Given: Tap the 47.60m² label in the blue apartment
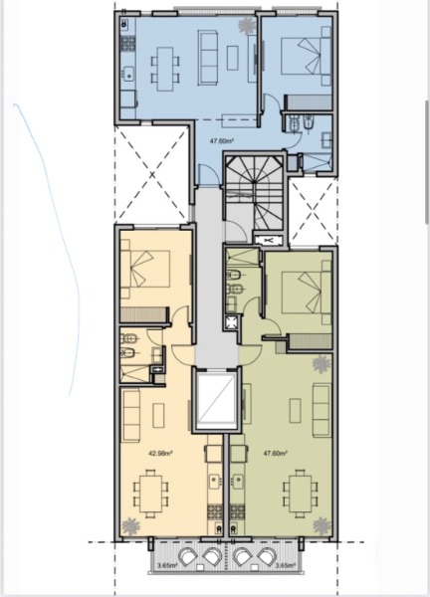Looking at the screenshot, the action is pyautogui.click(x=222, y=140).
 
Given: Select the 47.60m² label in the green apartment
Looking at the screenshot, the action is pyautogui.click(x=276, y=453).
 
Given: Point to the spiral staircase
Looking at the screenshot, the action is pyautogui.click(x=254, y=192).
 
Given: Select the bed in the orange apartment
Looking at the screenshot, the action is pyautogui.click(x=145, y=269).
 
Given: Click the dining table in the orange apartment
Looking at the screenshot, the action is pyautogui.click(x=150, y=493).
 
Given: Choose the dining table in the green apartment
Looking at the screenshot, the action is pyautogui.click(x=301, y=493).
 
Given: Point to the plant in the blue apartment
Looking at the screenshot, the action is pyautogui.click(x=247, y=25).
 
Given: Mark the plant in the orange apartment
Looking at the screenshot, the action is pyautogui.click(x=130, y=527).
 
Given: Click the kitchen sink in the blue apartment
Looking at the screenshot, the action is pyautogui.click(x=129, y=75).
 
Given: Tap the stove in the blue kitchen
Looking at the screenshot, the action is pyautogui.click(x=128, y=44).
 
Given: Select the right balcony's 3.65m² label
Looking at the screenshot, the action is pyautogui.click(x=286, y=565).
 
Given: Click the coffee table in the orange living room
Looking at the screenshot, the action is pyautogui.click(x=158, y=415).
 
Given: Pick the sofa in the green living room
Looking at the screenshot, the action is pyautogui.click(x=321, y=410).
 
